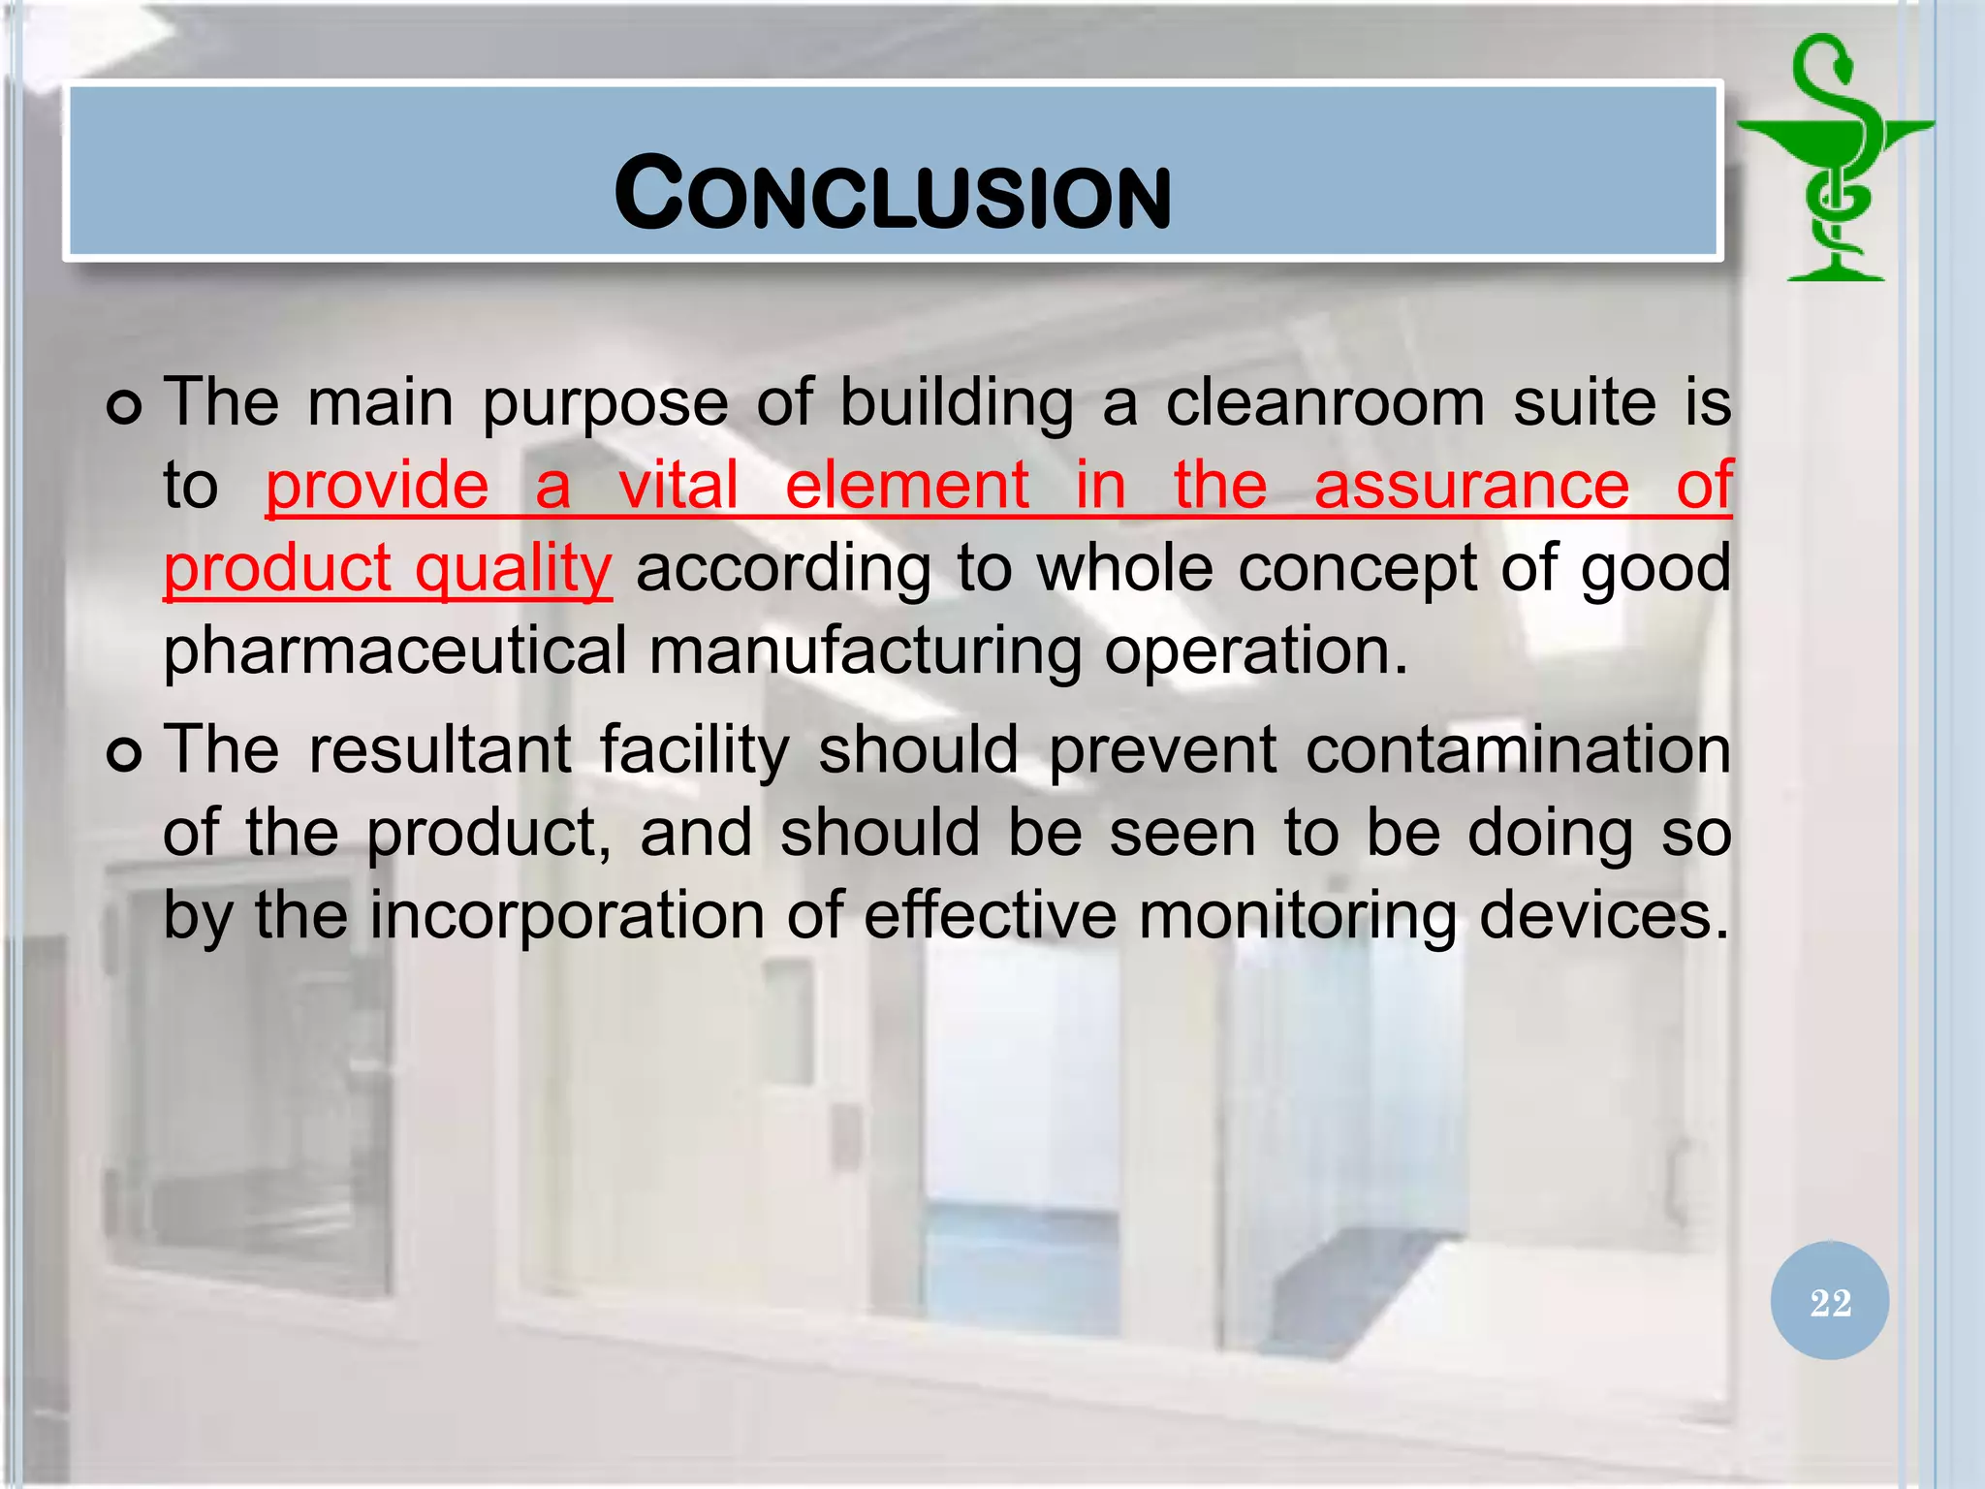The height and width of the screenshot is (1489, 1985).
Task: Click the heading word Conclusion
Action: pyautogui.click(x=893, y=195)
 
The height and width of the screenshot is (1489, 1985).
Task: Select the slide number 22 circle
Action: pyautogui.click(x=1829, y=1301)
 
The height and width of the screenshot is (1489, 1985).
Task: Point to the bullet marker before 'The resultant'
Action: pyautogui.click(x=125, y=753)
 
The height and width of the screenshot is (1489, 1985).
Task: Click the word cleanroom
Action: pyautogui.click(x=1325, y=402)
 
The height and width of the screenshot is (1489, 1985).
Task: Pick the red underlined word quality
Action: pyautogui.click(x=514, y=568)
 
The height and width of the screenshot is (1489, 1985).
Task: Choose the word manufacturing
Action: pyautogui.click(x=866, y=650)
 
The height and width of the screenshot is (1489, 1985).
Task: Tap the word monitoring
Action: pyautogui.click(x=1297, y=916)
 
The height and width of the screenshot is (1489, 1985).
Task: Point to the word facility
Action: pyautogui.click(x=694, y=752)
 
